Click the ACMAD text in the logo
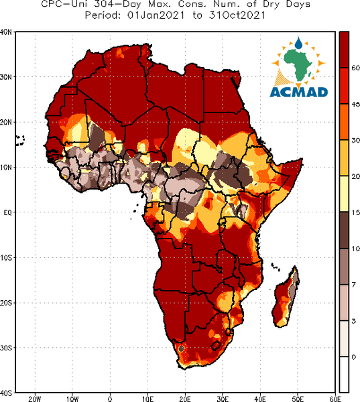299,92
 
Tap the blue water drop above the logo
298,43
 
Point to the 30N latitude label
5,77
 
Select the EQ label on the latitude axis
7,212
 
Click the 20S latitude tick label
5,303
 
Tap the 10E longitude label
147,399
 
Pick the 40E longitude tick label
260,399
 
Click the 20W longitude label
35,399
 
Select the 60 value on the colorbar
355,68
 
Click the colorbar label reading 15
355,212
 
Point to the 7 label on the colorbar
353,284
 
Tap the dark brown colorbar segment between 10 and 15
344,230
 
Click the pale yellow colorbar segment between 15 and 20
344,194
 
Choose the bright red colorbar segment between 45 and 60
344,86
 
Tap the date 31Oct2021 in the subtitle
237,15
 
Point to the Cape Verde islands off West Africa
19,141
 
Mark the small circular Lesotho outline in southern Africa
216,346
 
